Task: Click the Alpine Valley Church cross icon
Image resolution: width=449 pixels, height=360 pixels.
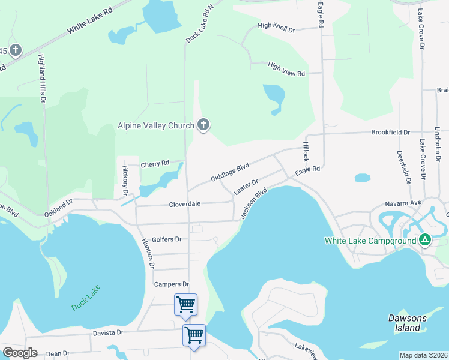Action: click(x=203, y=125)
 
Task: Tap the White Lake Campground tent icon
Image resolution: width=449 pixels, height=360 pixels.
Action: click(x=425, y=240)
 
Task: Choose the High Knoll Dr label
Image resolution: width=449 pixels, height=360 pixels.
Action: click(x=276, y=28)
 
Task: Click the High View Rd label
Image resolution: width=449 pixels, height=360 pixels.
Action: click(x=286, y=69)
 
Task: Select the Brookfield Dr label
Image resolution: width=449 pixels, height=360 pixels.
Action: click(x=390, y=132)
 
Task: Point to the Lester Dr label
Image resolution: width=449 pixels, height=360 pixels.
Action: click(x=246, y=187)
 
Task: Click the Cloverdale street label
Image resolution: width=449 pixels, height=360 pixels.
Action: click(x=184, y=204)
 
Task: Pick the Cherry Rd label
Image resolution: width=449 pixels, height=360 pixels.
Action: click(x=155, y=163)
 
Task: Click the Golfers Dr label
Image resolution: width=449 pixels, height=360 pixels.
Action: click(x=166, y=239)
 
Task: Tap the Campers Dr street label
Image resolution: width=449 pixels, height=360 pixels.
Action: click(x=172, y=284)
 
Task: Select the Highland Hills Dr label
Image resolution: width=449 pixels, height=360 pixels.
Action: click(x=42, y=79)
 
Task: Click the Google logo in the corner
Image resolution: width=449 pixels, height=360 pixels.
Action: click(x=20, y=353)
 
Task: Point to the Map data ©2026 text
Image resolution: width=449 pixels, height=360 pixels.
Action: click(x=423, y=355)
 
